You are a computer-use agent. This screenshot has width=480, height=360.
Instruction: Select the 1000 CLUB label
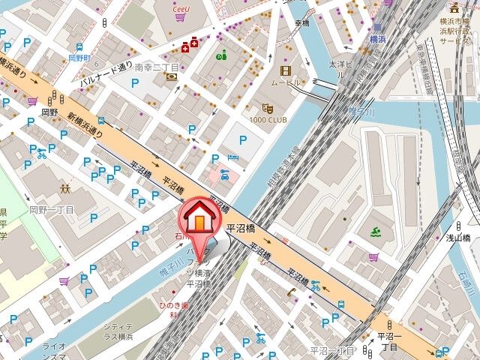coord(268,120)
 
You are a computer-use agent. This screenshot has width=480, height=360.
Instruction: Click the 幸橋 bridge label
coord(301,22)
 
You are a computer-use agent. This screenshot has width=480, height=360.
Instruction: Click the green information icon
coord(221,55)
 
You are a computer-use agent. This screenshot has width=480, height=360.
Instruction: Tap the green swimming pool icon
coord(376,233)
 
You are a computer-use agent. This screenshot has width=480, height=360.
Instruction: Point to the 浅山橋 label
coord(457,238)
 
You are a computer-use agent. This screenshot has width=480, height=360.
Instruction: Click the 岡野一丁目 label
coord(51,211)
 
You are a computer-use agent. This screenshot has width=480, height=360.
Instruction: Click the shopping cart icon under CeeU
coord(180,16)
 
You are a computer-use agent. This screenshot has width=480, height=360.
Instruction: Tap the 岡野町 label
coord(78,57)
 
